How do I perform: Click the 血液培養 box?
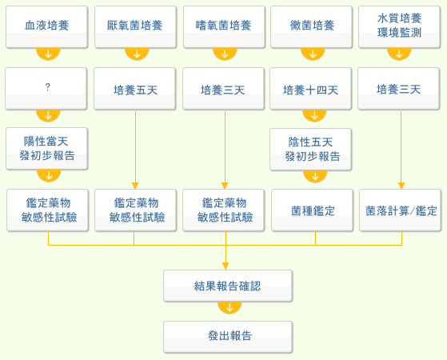click(46, 27)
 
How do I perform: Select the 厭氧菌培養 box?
click(135, 27)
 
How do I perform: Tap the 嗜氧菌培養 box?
click(224, 27)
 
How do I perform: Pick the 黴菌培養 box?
click(311, 27)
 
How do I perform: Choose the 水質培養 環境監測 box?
click(399, 27)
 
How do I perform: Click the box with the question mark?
click(46, 89)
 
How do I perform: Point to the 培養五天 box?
click(134, 89)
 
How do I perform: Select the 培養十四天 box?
click(310, 89)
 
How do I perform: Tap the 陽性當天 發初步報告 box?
click(46, 149)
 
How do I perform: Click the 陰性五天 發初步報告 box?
click(310, 150)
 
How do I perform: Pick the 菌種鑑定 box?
click(312, 210)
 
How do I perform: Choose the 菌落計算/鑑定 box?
click(400, 210)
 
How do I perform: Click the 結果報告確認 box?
click(228, 286)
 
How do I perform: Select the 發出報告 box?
click(228, 337)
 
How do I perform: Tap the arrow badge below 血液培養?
click(48, 54)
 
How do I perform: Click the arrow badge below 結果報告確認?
click(229, 307)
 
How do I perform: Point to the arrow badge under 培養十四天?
click(314, 115)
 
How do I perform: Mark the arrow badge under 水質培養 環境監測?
click(399, 54)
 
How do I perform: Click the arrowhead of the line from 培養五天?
click(135, 186)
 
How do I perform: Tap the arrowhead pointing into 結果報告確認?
click(225, 266)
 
